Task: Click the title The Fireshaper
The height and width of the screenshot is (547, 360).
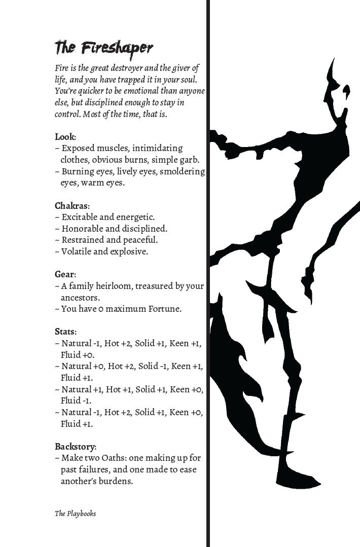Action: coord(104,48)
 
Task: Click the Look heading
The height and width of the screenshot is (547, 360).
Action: coord(65,137)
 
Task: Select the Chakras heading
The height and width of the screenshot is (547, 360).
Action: coord(71,206)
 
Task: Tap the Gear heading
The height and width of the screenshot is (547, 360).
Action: coord(65,274)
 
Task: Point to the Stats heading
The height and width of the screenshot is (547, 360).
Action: coord(65,332)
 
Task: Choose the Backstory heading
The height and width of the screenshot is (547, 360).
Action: coord(75,447)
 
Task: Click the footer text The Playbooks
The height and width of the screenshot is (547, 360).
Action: coord(75,514)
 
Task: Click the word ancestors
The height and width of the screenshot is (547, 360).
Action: coord(80,298)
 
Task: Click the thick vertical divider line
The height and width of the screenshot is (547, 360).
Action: coord(207,274)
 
